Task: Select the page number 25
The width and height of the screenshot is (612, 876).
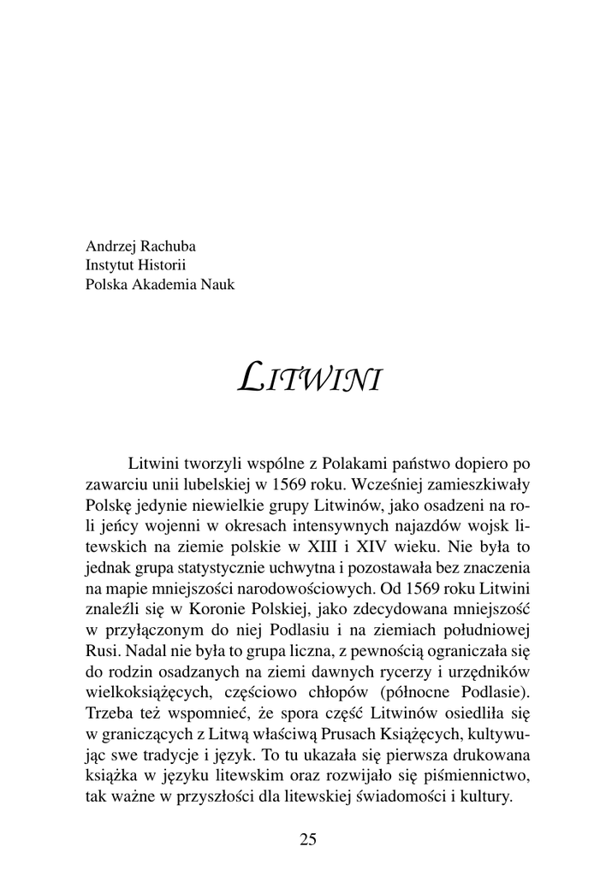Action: [x=308, y=839]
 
